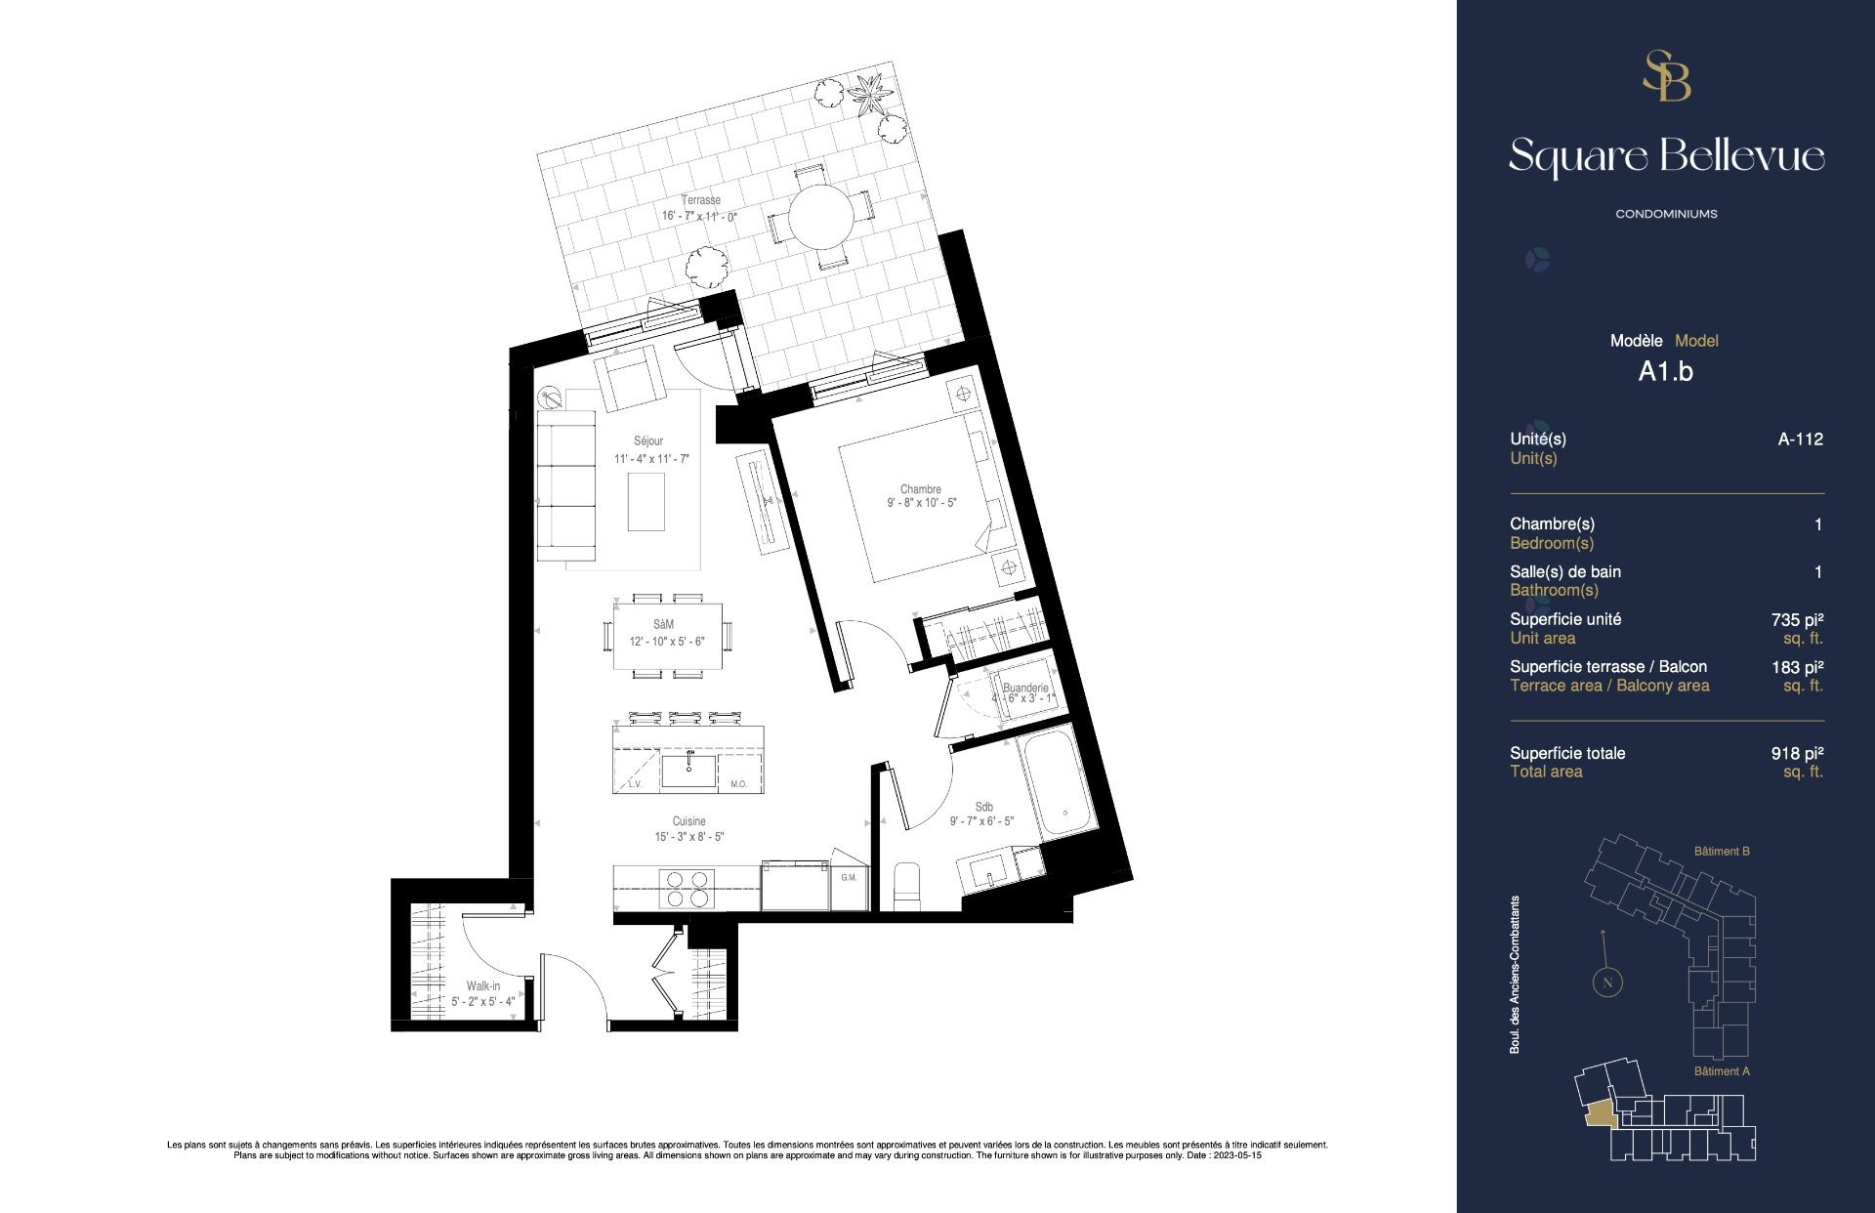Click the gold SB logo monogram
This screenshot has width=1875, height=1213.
pos(1666,76)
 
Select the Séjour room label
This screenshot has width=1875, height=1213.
pos(647,441)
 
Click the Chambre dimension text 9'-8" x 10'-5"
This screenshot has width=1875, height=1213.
pos(921,503)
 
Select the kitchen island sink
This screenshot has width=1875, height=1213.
pos(688,770)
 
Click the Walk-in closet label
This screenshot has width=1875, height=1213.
pos(482,986)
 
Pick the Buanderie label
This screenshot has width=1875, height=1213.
pos(1024,688)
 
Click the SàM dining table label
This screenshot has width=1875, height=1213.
pos(664,624)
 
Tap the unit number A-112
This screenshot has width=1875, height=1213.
pos(1800,439)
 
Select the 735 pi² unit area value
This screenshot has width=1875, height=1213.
pos(1797,619)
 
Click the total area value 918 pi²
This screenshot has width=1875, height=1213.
pos(1797,753)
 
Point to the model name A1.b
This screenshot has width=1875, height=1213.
pos(1665,371)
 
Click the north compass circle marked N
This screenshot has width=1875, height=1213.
pos(1607,983)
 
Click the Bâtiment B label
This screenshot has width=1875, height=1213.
pos(1722,852)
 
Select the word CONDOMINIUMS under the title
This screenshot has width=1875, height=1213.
pos(1666,214)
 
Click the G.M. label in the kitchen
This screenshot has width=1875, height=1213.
pos(849,877)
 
